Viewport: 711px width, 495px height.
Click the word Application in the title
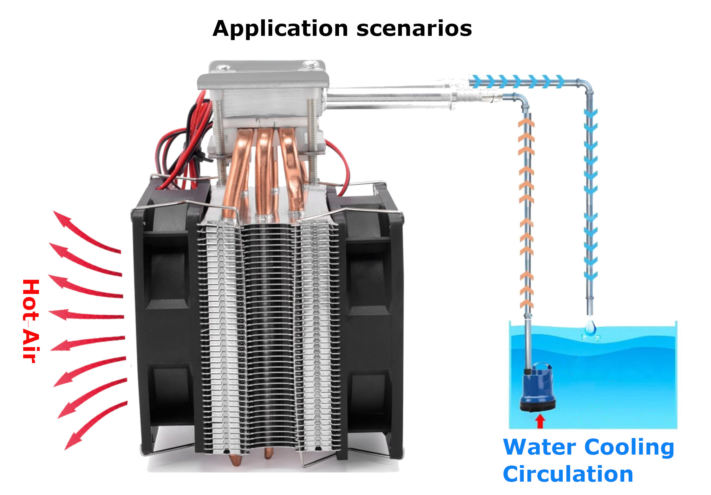point(280,29)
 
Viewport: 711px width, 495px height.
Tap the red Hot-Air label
point(31,321)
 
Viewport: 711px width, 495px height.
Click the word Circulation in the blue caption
point(568,474)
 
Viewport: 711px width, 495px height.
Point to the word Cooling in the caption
point(629,448)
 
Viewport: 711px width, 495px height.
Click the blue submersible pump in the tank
point(537,388)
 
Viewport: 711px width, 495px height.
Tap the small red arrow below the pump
point(540,421)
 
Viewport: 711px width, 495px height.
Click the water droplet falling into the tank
point(590,327)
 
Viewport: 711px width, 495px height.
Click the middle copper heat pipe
point(264,172)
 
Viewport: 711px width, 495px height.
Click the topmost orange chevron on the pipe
point(526,123)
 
